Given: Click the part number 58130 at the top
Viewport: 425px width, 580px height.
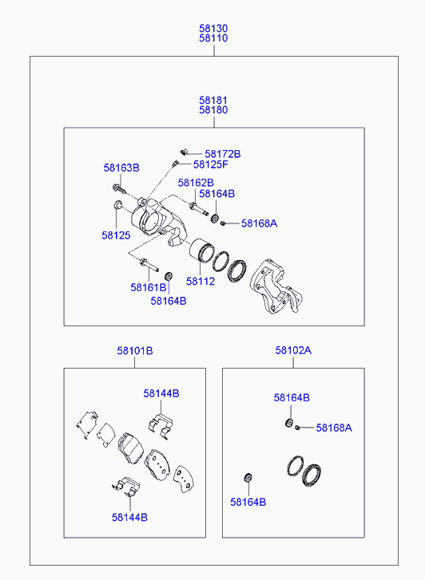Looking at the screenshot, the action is [x=213, y=29].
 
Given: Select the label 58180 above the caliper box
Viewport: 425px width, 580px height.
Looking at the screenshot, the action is [x=213, y=110].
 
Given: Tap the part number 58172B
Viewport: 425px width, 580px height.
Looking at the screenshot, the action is [x=223, y=154].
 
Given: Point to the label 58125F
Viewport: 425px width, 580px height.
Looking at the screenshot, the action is [x=210, y=164].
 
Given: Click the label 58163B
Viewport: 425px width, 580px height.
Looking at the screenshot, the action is [x=121, y=168].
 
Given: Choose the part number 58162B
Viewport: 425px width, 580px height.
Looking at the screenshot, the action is [x=196, y=183].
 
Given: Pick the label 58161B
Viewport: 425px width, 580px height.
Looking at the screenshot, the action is [x=149, y=287].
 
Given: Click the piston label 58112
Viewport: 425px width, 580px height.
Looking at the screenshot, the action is [x=201, y=282].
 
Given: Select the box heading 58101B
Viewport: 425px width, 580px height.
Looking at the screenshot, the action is [x=135, y=351].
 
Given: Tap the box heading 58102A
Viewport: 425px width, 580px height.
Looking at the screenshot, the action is [x=293, y=350].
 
